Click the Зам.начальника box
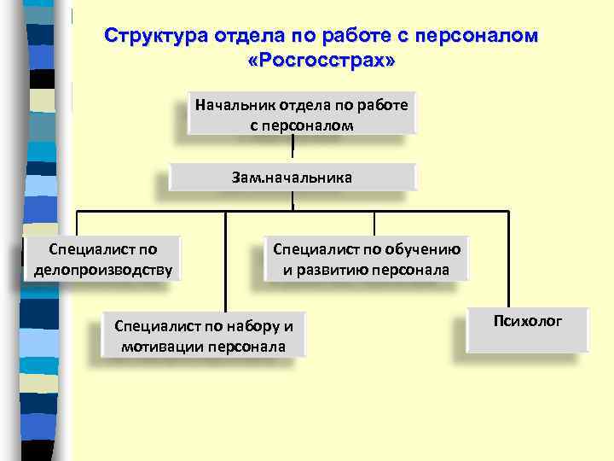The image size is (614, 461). (x=292, y=178)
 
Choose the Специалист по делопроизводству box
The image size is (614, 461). (x=103, y=260)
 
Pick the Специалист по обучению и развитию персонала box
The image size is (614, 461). (x=367, y=260)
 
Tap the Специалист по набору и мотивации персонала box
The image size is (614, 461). (x=203, y=336)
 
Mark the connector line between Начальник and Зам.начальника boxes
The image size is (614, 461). (x=293, y=149)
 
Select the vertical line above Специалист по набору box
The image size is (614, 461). (x=226, y=260)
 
